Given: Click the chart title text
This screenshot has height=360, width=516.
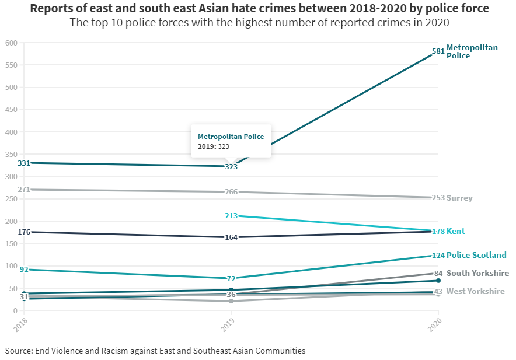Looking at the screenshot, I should coord(259,9).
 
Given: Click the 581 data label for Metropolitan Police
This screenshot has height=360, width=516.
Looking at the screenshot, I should coord(438,51).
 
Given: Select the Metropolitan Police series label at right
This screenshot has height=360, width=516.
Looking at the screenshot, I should coord(472,51).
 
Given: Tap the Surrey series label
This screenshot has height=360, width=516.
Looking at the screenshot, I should coord(459,198).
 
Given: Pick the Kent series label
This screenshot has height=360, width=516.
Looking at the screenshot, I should coord(455,231).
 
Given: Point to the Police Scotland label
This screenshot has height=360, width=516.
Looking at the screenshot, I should coord(476,255).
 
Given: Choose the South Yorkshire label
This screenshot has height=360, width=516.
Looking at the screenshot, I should coord(477,273).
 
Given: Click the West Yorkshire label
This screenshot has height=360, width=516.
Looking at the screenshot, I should coord(475,291).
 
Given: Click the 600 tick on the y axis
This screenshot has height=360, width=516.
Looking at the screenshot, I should coord(11,43).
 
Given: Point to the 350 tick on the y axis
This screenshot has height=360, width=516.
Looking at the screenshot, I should coord(11,155).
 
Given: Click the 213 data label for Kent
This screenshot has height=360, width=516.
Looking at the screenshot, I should coord(231,216).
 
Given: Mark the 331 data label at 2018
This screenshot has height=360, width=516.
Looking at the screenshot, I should coord(24,163).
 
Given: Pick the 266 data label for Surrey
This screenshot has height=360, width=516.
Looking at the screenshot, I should coord(231,192).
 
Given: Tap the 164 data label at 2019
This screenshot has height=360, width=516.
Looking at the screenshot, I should coord(231,237).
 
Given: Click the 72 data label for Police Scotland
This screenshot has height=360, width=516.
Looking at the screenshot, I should coord(231,278).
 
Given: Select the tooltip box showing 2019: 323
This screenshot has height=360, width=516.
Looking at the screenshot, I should coord(231,141).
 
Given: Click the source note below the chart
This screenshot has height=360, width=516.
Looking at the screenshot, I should coord(155,351).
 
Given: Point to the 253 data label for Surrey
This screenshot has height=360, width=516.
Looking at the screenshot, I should coord(438,198).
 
